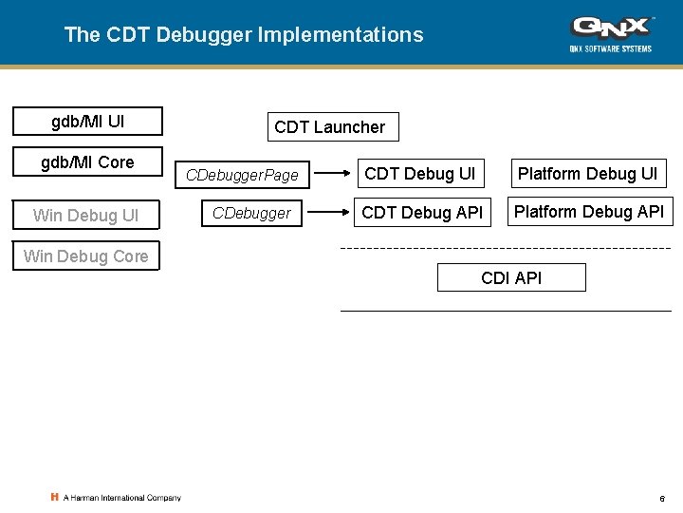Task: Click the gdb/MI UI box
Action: (x=87, y=122)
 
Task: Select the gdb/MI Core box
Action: (x=87, y=162)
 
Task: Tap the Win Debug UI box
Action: (x=85, y=216)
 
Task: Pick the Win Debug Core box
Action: (x=85, y=256)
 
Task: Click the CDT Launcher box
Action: (x=329, y=127)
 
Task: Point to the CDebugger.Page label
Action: (x=242, y=175)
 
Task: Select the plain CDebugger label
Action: (x=251, y=213)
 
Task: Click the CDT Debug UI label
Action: (x=419, y=174)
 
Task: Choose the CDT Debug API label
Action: (x=422, y=213)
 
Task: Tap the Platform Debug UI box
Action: (x=587, y=174)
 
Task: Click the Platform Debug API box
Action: (x=589, y=212)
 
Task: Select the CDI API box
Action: (x=511, y=277)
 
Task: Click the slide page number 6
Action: (x=661, y=499)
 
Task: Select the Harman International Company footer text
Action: (x=120, y=498)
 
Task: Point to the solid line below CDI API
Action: (x=506, y=311)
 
